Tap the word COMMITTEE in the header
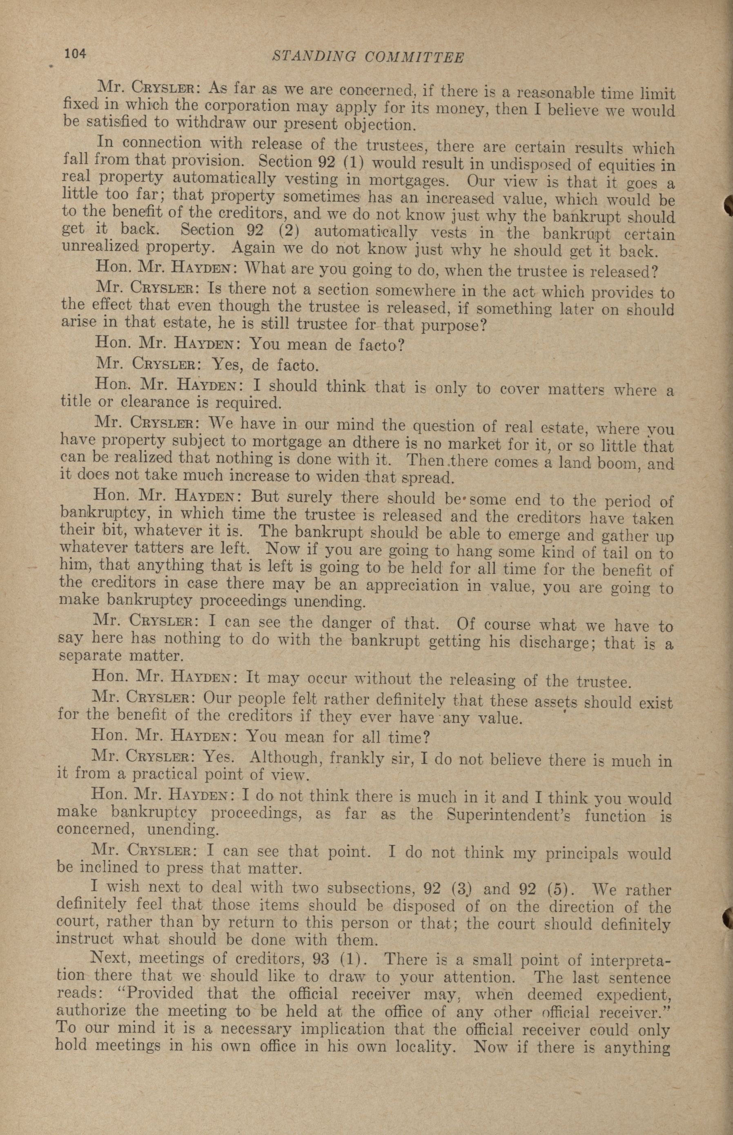(x=414, y=58)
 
